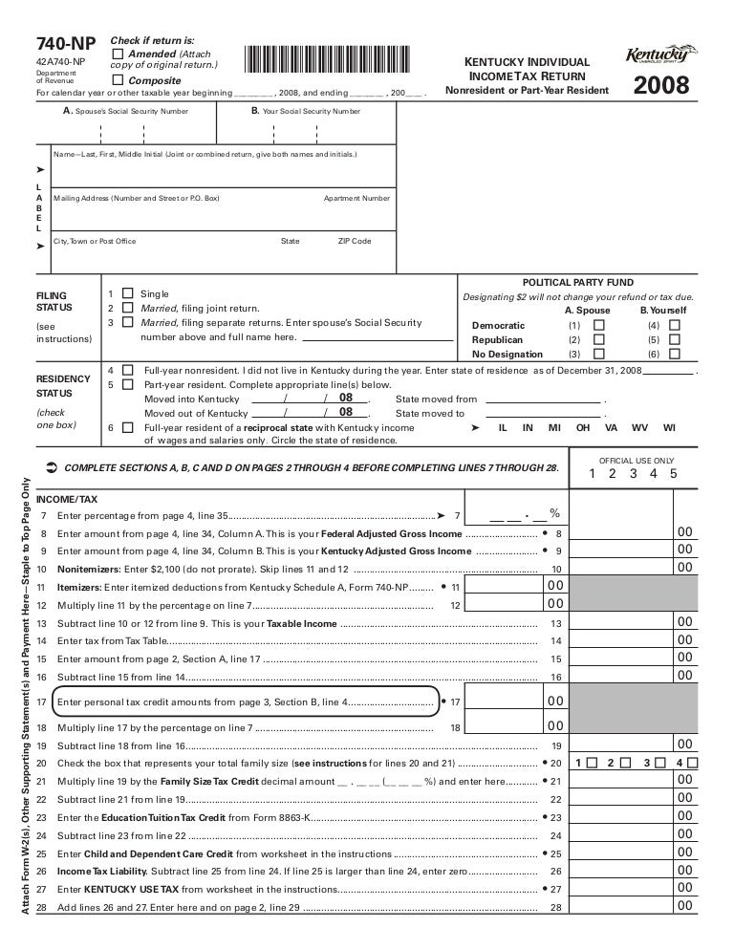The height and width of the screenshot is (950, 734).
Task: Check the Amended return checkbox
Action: point(118,54)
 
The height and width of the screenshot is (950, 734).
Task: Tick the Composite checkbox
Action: point(118,80)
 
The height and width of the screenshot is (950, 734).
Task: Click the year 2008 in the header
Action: point(661,88)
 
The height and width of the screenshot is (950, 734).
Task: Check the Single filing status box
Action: point(128,293)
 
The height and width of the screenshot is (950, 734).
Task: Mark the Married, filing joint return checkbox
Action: point(128,309)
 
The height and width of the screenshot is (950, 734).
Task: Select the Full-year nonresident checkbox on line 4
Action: point(128,369)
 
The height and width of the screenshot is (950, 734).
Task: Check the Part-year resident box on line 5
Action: point(128,384)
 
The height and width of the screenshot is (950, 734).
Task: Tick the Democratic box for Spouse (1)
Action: point(599,325)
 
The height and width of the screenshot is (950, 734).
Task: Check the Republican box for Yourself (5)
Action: point(675,339)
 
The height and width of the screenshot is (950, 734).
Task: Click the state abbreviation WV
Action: point(639,428)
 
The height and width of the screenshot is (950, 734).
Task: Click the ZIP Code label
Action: point(355,242)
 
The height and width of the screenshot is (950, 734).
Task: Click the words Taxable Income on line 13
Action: point(301,623)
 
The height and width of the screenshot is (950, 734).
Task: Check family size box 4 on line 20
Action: point(693,763)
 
